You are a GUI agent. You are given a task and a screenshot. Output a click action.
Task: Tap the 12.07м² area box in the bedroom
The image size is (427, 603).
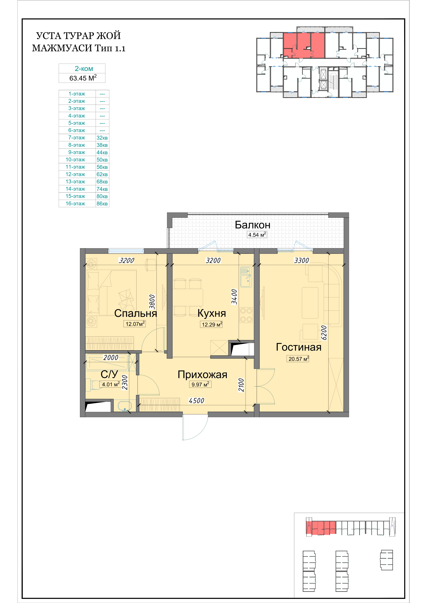tap(134, 324)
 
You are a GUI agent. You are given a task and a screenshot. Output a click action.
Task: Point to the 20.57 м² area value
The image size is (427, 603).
tap(298, 359)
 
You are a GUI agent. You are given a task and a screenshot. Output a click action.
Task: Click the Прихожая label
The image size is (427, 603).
tap(202, 374)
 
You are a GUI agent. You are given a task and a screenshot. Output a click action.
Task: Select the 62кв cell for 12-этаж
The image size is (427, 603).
tap(102, 174)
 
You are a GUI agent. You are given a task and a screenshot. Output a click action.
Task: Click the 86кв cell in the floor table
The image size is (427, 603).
tap(102, 204)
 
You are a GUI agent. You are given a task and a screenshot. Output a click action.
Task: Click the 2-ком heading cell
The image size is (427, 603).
tap(84, 69)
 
